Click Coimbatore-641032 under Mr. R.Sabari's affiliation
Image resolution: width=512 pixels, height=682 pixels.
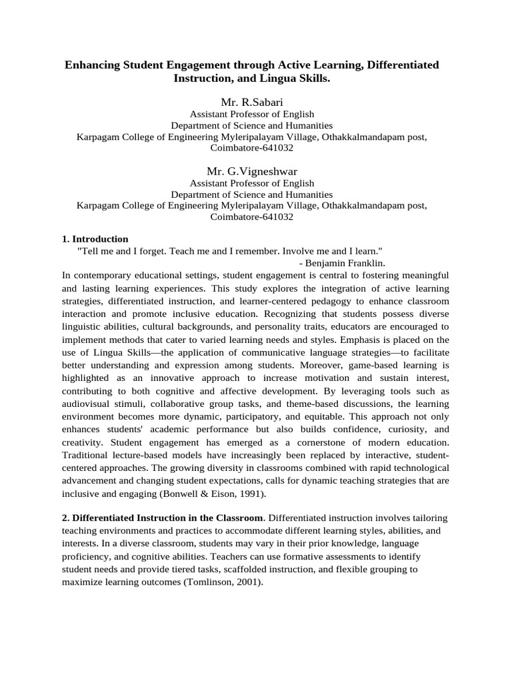pos(251,148)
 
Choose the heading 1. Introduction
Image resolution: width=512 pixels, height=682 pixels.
pos(95,239)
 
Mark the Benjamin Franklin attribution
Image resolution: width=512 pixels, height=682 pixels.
pos(342,263)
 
